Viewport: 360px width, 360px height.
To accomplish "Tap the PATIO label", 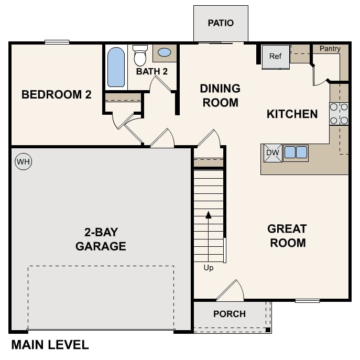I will (221, 23).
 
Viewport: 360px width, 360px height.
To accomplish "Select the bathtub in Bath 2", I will (116, 67).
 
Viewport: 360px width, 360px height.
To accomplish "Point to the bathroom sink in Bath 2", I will (164, 53).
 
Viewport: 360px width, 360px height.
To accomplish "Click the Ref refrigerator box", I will (276, 56).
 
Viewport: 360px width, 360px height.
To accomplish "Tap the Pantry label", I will (330, 49).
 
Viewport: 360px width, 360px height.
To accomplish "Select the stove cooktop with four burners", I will (339, 114).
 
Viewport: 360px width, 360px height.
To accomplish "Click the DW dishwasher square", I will (272, 153).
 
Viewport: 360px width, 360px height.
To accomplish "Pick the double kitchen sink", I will (296, 152).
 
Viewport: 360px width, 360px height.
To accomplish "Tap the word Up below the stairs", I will (209, 268).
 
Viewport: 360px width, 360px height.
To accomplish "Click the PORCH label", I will (230, 314).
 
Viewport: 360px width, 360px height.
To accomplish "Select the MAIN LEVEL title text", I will (50, 345).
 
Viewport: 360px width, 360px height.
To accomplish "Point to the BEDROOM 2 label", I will (56, 95).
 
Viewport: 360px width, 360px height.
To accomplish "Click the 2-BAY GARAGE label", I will (101, 239).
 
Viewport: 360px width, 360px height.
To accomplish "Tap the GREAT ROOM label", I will (287, 236).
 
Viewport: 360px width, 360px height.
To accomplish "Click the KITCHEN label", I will (292, 114).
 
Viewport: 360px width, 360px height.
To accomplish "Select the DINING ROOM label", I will (220, 95).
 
